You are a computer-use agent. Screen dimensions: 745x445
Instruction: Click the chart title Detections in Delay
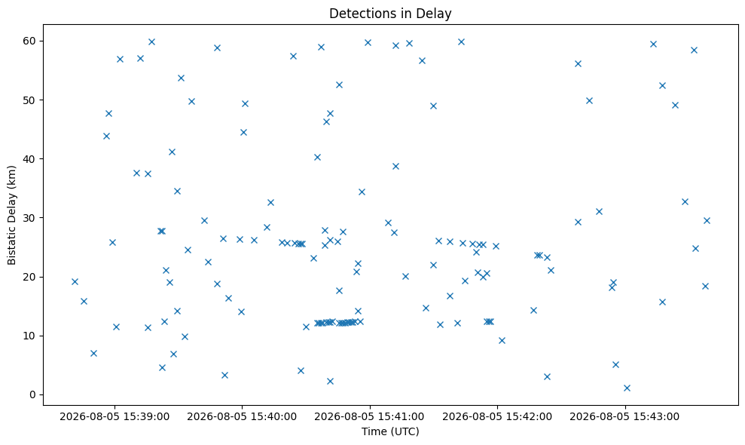[x=390, y=14]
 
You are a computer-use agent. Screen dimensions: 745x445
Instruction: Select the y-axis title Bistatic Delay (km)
[x=11, y=215]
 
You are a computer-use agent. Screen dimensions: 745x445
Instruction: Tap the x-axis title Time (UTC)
[x=390, y=431]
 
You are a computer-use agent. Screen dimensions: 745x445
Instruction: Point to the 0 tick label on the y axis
[x=33, y=394]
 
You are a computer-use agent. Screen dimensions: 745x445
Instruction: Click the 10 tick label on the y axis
[x=30, y=336]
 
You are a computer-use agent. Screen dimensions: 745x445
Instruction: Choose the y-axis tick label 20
[x=30, y=277]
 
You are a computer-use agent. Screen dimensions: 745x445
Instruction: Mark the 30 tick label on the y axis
[x=30, y=217]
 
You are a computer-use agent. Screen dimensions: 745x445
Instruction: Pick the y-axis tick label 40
[x=30, y=158]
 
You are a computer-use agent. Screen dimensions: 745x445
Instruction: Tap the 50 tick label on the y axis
[x=30, y=100]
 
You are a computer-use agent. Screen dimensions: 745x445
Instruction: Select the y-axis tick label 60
[x=30, y=41]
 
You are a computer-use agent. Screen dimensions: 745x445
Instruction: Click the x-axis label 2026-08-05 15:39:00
[x=114, y=417]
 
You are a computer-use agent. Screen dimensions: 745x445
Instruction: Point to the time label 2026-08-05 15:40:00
[x=242, y=417]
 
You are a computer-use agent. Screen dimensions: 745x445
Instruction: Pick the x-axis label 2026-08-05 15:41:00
[x=370, y=417]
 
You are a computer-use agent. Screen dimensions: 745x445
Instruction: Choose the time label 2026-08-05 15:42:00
[x=497, y=417]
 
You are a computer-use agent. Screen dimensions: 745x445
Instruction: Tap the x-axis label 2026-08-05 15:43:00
[x=624, y=417]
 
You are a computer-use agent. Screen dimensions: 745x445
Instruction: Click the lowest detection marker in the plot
[x=627, y=388]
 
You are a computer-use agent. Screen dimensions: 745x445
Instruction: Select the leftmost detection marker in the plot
[x=75, y=282]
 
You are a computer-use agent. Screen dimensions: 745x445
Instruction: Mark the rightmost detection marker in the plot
[x=707, y=220]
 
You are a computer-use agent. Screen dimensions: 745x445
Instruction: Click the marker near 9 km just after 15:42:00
[x=502, y=340]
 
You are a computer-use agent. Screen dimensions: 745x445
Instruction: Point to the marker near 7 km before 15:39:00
[x=93, y=353]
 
